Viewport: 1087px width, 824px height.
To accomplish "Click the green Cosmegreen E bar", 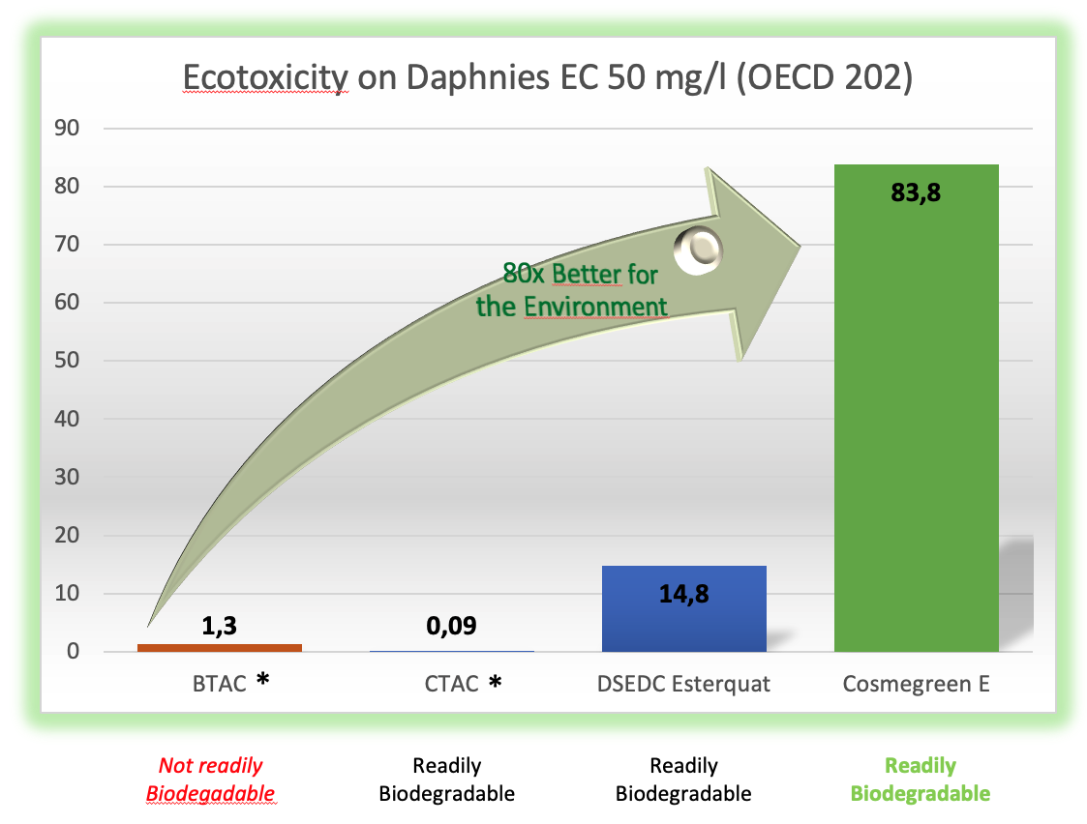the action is tap(916, 408).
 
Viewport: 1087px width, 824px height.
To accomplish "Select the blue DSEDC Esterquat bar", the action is tap(684, 608).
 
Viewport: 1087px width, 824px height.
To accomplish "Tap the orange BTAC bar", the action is tap(220, 648).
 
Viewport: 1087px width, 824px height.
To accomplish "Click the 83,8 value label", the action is tap(916, 192).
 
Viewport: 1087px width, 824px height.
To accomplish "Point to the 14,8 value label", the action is tap(684, 594).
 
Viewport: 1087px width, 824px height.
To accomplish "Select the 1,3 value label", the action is tap(219, 626).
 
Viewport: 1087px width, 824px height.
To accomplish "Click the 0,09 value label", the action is tap(451, 626).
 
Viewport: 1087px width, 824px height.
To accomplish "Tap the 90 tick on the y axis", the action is tap(67, 128).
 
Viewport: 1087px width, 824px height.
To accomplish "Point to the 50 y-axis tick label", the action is tap(67, 360).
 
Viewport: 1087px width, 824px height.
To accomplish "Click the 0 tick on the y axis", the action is tap(73, 651).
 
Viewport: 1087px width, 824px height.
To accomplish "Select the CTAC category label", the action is tap(451, 684).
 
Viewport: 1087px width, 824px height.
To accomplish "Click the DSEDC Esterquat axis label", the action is tap(683, 684).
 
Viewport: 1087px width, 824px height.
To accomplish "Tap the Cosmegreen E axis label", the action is tap(916, 684).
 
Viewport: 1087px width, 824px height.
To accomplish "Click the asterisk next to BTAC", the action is tap(262, 679).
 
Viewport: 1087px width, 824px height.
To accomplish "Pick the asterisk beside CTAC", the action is tap(495, 682).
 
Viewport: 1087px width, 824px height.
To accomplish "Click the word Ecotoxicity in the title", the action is tap(265, 76).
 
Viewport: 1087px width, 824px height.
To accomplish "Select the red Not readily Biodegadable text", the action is tap(211, 779).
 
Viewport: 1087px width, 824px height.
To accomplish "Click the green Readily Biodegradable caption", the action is tap(921, 779).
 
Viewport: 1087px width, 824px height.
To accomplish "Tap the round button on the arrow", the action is tap(698, 250).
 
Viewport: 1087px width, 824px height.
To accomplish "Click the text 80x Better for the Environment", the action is tap(572, 290).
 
